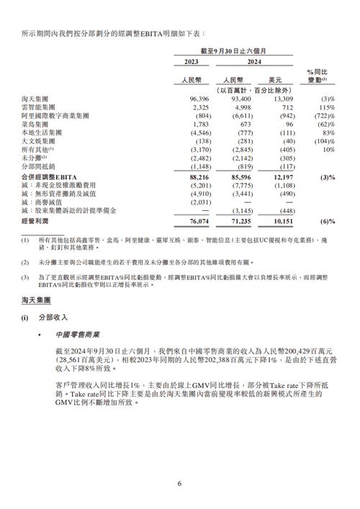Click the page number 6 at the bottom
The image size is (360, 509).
[179, 484]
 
